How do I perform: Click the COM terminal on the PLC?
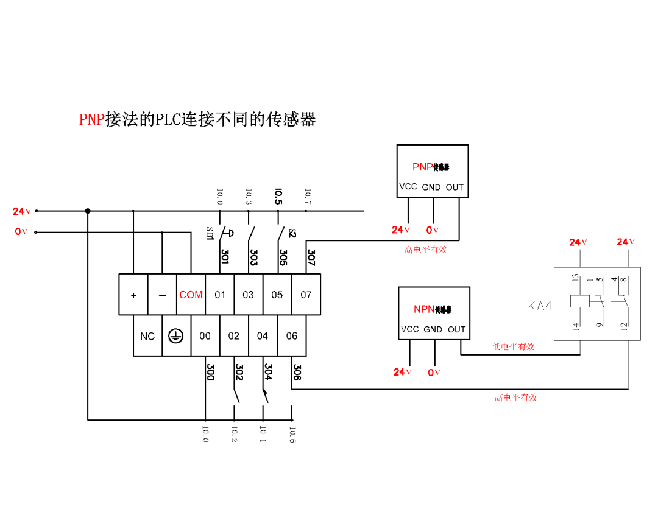[191, 295]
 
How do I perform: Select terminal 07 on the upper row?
[306, 295]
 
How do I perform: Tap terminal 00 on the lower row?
[205, 336]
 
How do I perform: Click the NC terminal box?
[147, 336]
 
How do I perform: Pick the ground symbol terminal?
[176, 336]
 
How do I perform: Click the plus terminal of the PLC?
[133, 295]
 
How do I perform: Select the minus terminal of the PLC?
[162, 295]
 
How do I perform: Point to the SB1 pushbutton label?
[209, 234]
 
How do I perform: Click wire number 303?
[253, 257]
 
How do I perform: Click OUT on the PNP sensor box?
[455, 188]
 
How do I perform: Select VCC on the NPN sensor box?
[409, 329]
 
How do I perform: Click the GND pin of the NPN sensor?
[433, 329]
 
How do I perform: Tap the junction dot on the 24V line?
[88, 211]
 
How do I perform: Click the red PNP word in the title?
[92, 119]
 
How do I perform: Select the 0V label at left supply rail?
[21, 232]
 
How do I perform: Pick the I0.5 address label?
[278, 197]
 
